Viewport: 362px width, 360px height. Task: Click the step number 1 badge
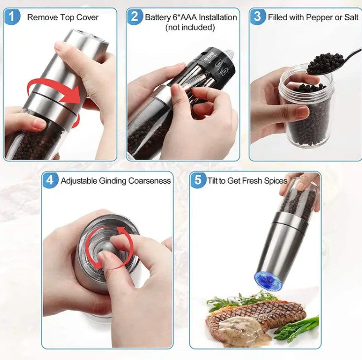point(13,17)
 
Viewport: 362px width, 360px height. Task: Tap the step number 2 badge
point(134,17)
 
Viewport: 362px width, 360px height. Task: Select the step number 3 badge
point(257,17)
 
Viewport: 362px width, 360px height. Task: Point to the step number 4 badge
point(50,180)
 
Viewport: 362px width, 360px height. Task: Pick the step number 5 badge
point(197,180)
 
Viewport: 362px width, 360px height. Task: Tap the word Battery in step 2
point(158,17)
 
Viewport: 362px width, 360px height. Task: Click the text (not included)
point(190,27)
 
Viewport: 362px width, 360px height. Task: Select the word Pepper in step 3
point(320,17)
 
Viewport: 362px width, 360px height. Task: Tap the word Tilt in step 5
point(213,181)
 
